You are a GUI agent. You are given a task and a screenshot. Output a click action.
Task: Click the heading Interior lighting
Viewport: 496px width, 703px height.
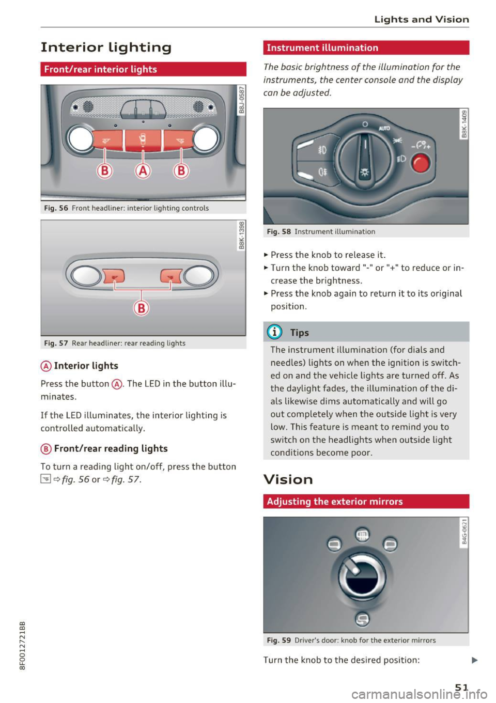(106, 48)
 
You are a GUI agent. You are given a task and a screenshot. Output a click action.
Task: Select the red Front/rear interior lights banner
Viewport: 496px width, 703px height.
(143, 69)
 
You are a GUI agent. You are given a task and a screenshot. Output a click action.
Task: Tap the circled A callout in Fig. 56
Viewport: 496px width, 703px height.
(143, 170)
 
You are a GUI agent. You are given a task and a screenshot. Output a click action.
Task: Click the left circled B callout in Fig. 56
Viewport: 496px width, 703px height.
(105, 170)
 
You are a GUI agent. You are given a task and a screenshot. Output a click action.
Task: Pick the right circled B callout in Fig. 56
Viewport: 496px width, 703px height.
(181, 170)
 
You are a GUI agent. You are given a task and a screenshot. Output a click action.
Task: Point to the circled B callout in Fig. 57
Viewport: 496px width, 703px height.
(141, 308)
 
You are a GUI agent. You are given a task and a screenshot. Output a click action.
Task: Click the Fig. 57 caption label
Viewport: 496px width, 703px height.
(56, 343)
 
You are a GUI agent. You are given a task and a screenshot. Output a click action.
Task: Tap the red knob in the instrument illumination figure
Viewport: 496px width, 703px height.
(421, 163)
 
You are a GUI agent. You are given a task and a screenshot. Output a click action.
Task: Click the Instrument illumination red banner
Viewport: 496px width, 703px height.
(366, 48)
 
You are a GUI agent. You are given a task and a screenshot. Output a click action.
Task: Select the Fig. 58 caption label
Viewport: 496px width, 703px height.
(278, 231)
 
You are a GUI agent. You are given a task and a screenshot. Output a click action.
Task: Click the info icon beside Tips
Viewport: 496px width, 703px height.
(274, 332)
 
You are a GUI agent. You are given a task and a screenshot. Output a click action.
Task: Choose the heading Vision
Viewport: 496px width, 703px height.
(288, 479)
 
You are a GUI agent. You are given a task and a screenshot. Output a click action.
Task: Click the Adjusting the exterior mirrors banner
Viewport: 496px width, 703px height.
(366, 501)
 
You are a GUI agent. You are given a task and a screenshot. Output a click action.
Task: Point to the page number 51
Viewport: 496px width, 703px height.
(461, 687)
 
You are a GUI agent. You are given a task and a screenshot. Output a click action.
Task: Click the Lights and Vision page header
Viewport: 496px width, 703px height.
(422, 20)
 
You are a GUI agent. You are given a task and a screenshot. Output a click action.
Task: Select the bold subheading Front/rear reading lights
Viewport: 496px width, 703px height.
(111, 448)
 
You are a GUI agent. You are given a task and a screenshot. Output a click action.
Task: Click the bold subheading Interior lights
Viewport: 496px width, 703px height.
(86, 366)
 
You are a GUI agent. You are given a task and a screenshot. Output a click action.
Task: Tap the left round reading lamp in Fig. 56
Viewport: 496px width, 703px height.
(81, 139)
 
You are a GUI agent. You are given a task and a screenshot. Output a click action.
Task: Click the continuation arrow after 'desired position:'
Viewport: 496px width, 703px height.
(475, 660)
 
